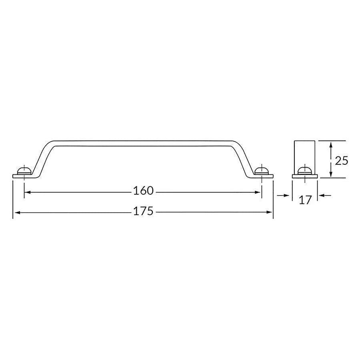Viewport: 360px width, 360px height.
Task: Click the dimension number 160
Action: pyautogui.click(x=143, y=191)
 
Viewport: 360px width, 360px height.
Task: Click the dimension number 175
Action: pyautogui.click(x=143, y=211)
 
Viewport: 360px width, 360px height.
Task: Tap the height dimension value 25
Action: pyautogui.click(x=341, y=161)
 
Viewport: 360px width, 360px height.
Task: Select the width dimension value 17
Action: pyautogui.click(x=305, y=200)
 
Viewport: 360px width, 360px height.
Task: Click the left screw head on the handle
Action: pyautogui.click(x=24, y=171)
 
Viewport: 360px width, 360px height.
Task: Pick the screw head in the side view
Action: pyautogui.click(x=305, y=171)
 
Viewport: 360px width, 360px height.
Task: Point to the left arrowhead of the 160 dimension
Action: pyautogui.click(x=27, y=192)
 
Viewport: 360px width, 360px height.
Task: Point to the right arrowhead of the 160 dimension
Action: pyautogui.click(x=259, y=192)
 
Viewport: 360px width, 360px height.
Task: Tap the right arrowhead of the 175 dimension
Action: pyautogui.click(x=270, y=212)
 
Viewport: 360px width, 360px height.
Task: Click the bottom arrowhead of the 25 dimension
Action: pyautogui.click(x=330, y=175)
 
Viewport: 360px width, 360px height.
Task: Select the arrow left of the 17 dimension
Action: pyautogui.click(x=286, y=195)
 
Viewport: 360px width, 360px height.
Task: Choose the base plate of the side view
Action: pyautogui.click(x=305, y=176)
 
